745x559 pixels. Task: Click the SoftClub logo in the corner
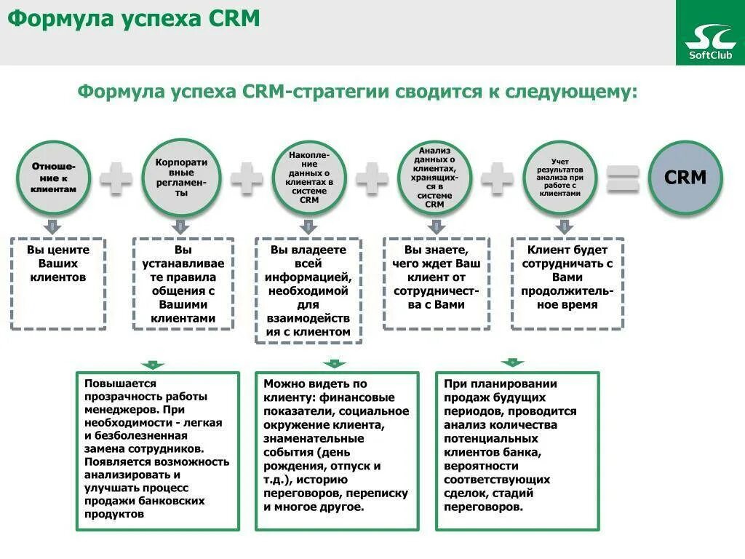tap(709, 33)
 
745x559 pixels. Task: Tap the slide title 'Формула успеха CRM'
tap(134, 20)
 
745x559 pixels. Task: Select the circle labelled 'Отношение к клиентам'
tap(53, 178)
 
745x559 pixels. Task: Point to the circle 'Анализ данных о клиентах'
tap(434, 178)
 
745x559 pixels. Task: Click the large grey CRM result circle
tap(685, 178)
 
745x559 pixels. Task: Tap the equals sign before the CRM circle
tap(623, 178)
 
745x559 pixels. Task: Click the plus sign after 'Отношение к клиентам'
tap(116, 178)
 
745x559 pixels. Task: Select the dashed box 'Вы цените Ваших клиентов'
tap(58, 283)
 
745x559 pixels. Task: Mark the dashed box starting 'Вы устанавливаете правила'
tap(183, 283)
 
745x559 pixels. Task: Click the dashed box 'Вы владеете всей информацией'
tap(309, 290)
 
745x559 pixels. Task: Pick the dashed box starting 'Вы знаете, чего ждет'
tap(434, 283)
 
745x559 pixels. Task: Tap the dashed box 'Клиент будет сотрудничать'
tap(567, 283)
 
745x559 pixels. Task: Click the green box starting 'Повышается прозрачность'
tap(158, 451)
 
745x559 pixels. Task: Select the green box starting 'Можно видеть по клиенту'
tap(337, 451)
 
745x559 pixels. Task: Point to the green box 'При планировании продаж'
tap(517, 451)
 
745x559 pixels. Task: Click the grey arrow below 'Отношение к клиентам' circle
tap(53, 225)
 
